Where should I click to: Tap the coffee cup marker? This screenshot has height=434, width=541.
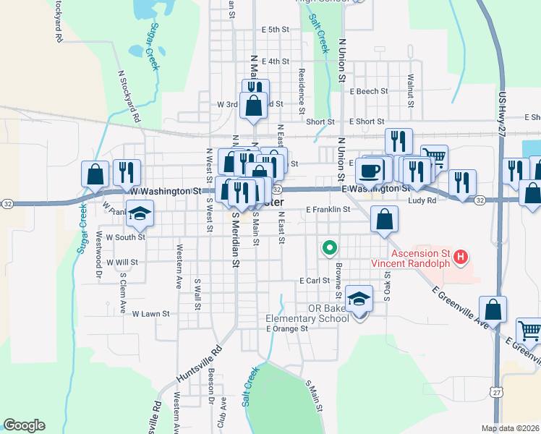click(370, 171)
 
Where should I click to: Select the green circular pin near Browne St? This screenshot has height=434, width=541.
click(330, 248)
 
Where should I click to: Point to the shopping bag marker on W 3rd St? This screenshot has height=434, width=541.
click(254, 106)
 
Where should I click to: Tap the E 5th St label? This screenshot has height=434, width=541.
click(276, 30)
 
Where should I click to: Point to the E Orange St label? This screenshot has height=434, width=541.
click(287, 328)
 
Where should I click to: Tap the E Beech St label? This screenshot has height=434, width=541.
click(369, 92)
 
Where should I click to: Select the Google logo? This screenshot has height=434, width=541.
click(24, 425)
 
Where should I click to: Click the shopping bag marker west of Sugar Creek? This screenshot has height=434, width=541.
click(95, 174)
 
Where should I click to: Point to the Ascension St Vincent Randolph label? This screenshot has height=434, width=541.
click(421, 258)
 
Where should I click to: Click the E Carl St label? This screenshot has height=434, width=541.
click(315, 280)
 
